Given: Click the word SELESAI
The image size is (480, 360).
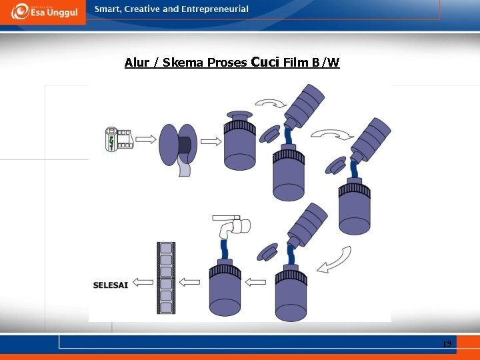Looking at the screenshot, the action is [110, 285].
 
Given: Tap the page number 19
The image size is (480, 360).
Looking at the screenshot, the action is [447, 343].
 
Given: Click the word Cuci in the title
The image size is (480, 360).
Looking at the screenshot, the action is [265, 62].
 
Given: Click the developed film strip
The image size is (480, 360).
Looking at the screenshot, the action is [165, 278].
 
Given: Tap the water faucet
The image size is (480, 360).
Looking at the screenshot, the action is [231, 225].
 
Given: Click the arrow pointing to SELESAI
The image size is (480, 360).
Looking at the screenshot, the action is [141, 281].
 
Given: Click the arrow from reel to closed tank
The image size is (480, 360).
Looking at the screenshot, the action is [211, 141].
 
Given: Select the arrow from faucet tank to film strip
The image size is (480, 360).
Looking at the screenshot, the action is [190, 282].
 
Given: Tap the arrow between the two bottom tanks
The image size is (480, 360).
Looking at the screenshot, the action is [256, 282].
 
